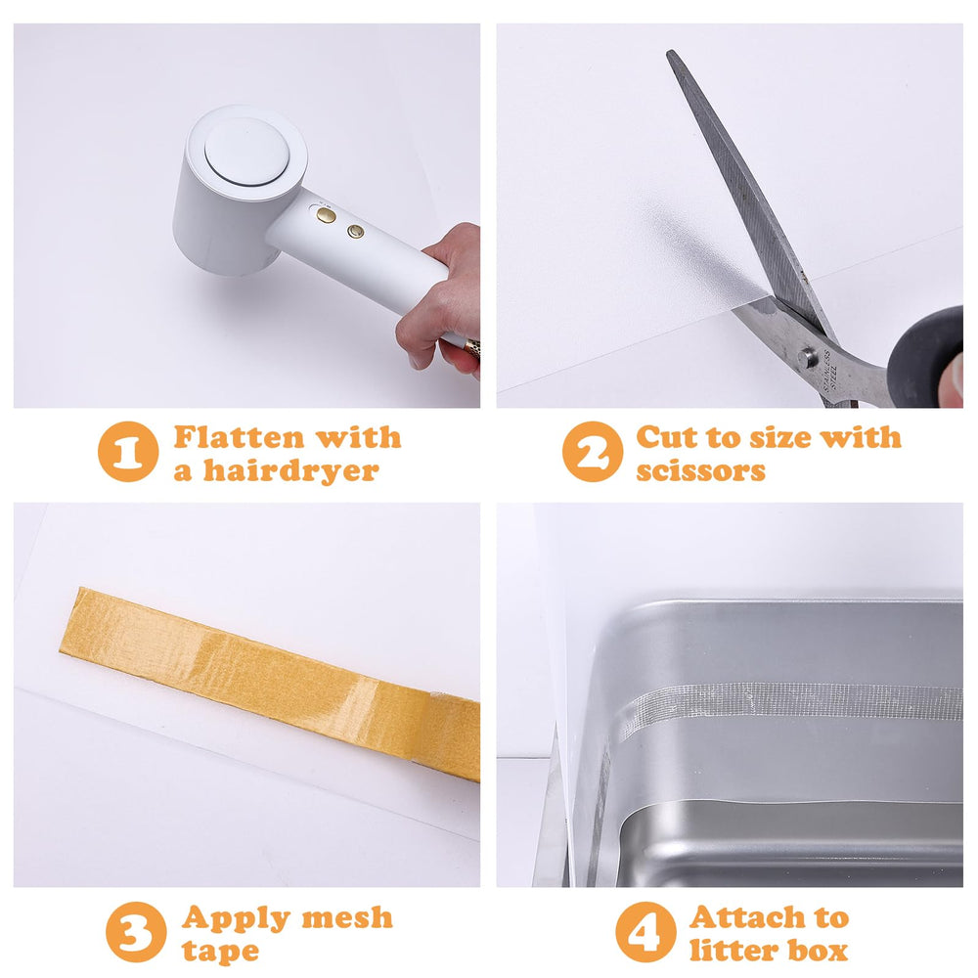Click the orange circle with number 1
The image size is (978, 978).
(x=128, y=451)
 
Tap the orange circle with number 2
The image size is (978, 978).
(x=593, y=451)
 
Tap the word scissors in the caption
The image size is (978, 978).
(x=700, y=470)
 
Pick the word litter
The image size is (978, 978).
(x=733, y=950)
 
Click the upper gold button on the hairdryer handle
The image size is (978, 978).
(x=327, y=215)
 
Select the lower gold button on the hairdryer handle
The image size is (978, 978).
(x=356, y=232)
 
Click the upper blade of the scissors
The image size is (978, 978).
(x=743, y=176)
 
